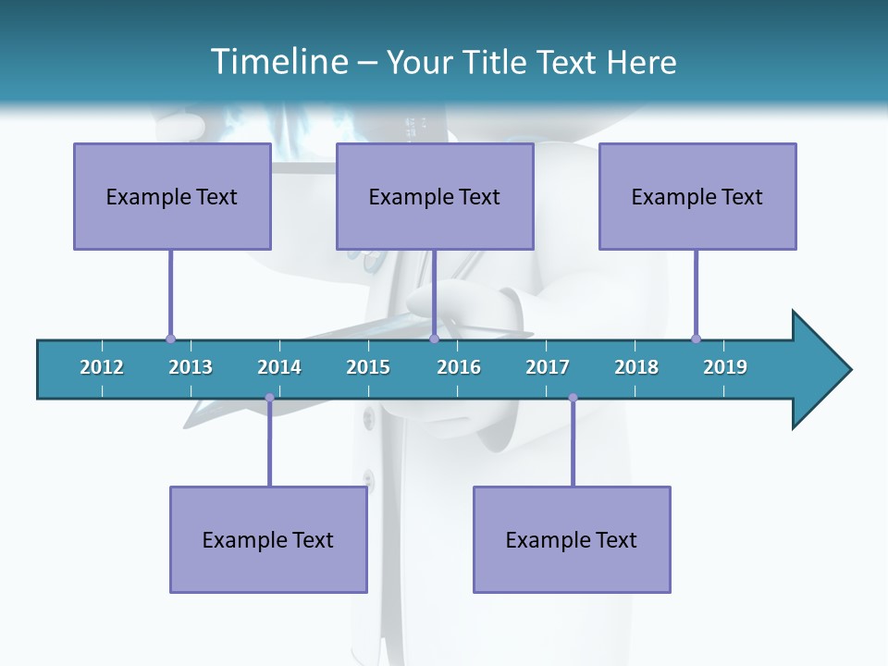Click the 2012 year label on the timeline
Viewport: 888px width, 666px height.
(102, 367)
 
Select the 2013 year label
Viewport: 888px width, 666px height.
(191, 367)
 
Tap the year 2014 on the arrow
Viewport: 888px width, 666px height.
(279, 367)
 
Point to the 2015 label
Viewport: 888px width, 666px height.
(368, 367)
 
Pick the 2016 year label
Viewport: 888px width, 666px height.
(459, 367)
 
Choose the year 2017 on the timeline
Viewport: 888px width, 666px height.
(548, 367)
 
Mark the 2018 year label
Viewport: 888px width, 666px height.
(636, 367)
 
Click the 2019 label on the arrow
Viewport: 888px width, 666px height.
(725, 367)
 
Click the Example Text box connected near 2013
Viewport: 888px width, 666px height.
(172, 196)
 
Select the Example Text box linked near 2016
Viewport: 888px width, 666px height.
(435, 196)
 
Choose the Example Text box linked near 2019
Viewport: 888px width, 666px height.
(697, 196)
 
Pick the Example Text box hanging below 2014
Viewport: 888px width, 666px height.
(268, 539)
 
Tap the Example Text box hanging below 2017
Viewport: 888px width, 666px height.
(572, 539)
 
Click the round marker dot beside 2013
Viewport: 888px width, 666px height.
(170, 339)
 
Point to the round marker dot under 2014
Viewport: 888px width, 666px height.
(269, 398)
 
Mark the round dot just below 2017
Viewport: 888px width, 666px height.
(573, 398)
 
